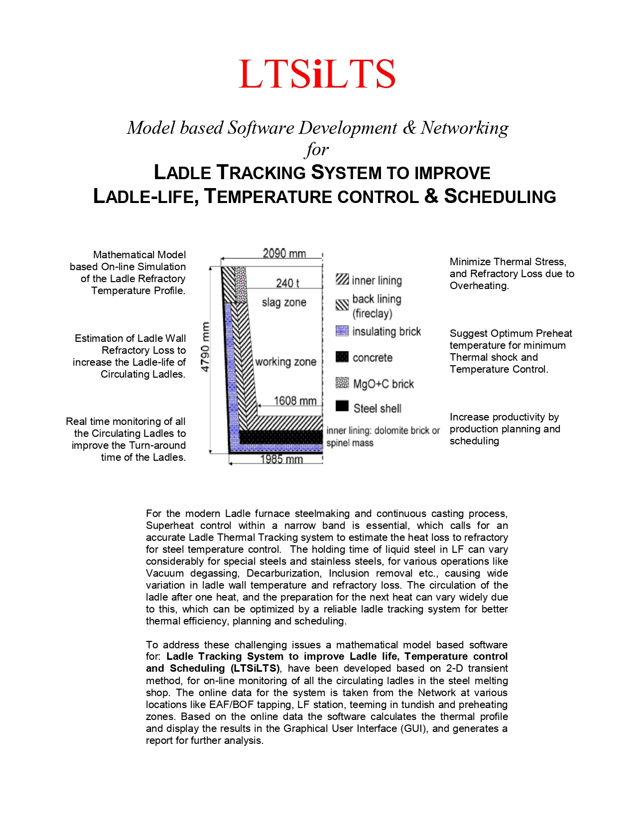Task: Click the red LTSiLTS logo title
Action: coord(317,74)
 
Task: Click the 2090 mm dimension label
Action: coord(284,254)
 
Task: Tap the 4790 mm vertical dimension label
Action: coord(205,347)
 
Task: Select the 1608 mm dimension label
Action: coord(295,401)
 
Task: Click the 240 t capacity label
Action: coord(287,283)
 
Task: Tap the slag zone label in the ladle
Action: coord(284,303)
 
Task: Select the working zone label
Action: coord(285,362)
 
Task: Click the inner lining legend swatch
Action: coord(342,279)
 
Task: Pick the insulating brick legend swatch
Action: coord(342,331)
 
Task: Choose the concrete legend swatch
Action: coord(342,357)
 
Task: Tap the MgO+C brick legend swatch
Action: coord(342,383)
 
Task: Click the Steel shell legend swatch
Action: coord(342,406)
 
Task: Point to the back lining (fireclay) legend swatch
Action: coord(342,305)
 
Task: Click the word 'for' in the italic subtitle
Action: coord(317,149)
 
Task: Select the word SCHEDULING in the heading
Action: coord(500,197)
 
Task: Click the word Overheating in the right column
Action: coord(479,286)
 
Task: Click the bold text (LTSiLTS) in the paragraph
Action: coord(255,668)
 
